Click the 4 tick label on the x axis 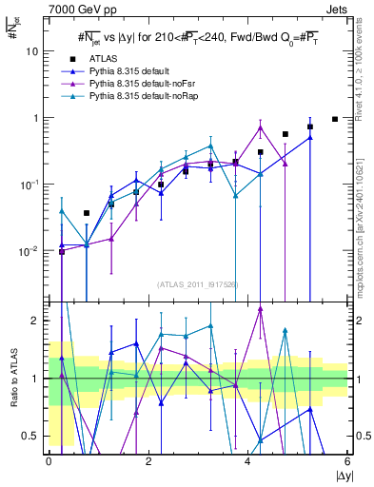[248, 460]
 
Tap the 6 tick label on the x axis [347, 460]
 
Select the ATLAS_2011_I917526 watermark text [198, 284]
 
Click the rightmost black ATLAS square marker [334, 119]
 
